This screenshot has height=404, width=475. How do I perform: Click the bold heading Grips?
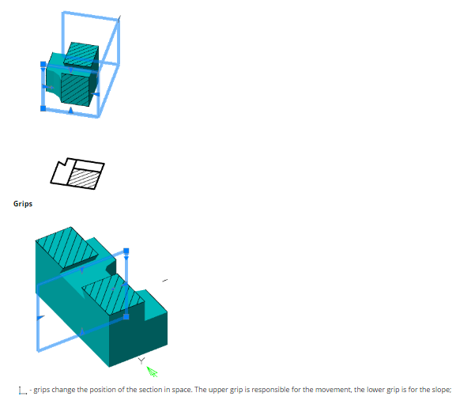[23, 204]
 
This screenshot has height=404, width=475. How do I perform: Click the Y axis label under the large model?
[141, 361]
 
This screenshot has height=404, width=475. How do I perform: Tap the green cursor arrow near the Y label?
[152, 372]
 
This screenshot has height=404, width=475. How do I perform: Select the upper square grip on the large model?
[126, 251]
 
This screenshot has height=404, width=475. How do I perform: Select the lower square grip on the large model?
[126, 317]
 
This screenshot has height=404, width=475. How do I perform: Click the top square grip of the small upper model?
[43, 64]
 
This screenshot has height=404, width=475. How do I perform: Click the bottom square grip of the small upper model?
[43, 108]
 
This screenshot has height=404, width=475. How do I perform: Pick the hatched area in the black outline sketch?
[84, 179]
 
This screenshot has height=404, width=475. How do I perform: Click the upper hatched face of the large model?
[67, 247]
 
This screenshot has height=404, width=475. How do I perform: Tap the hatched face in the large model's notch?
[113, 295]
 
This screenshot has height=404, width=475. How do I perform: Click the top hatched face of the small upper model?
[81, 54]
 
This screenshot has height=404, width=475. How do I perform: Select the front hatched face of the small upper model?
[75, 89]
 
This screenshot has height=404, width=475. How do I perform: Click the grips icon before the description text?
[23, 391]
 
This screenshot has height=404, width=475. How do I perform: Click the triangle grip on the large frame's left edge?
[40, 318]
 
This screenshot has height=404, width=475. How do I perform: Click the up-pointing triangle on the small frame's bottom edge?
[70, 110]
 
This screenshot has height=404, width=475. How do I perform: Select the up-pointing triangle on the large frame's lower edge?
[81, 331]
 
